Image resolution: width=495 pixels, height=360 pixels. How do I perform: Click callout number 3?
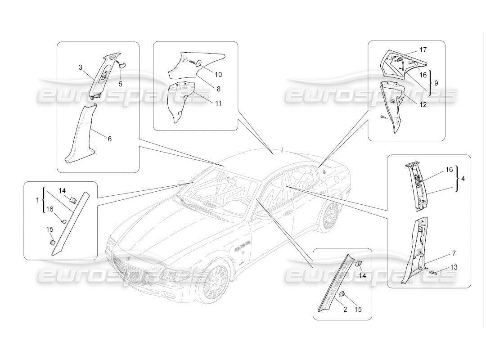80,67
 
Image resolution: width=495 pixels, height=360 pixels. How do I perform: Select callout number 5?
121,84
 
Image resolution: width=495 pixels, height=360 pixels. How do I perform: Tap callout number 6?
109,139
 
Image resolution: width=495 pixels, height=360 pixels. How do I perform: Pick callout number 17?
423,50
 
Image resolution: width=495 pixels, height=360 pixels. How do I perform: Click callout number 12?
423,105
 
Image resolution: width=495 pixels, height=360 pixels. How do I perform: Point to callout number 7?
454,253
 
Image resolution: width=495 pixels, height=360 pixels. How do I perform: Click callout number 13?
454,267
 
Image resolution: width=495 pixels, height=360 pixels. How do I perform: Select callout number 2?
345,309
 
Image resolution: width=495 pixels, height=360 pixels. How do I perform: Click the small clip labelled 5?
121,64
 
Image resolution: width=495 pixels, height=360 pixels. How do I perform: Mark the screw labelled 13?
435,272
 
